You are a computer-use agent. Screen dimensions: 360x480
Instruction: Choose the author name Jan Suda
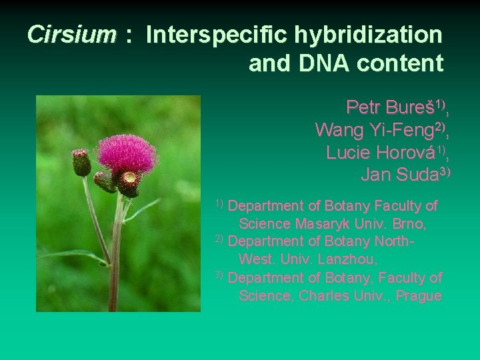[398, 175]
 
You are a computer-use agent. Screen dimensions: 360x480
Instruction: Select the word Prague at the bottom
[419, 295]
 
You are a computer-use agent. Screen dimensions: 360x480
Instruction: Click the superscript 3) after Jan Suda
[445, 172]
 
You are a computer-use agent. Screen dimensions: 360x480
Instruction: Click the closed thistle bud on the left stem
[81, 161]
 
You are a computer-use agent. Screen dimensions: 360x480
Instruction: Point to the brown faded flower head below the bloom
[128, 182]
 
